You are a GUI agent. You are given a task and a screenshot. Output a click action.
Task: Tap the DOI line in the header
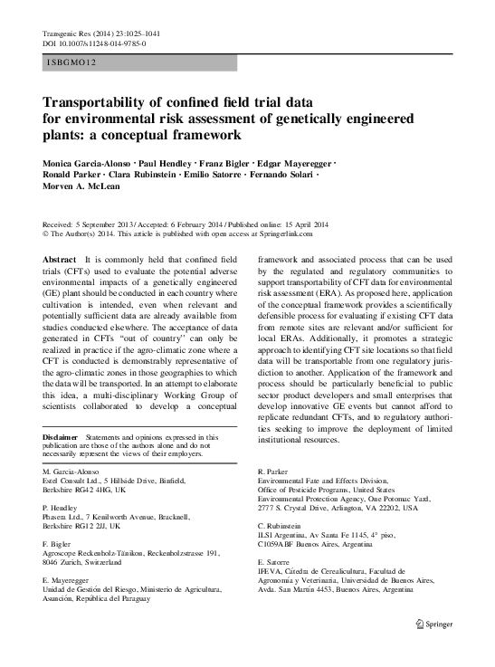click(x=94, y=43)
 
